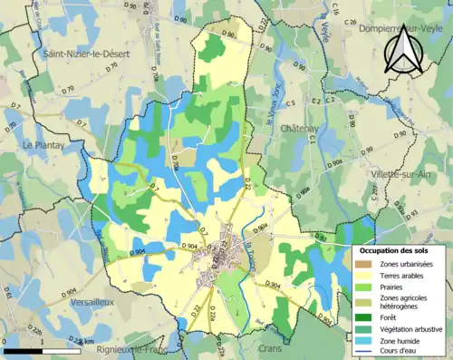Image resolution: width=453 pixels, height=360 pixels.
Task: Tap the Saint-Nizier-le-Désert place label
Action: click(x=87, y=55)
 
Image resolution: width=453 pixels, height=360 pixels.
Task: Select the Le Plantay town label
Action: click(x=42, y=144)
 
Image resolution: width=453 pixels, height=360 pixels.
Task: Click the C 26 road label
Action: click(x=351, y=22)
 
